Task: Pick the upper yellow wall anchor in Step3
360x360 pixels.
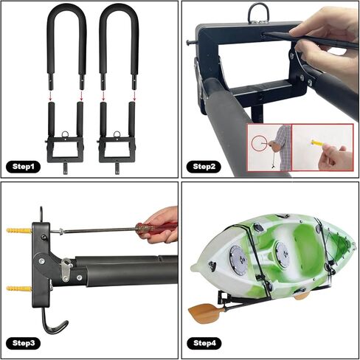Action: pos(20,232)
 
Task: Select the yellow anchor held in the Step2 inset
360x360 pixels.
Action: pos(317,142)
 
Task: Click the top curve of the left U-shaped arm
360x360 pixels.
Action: pos(67,10)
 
